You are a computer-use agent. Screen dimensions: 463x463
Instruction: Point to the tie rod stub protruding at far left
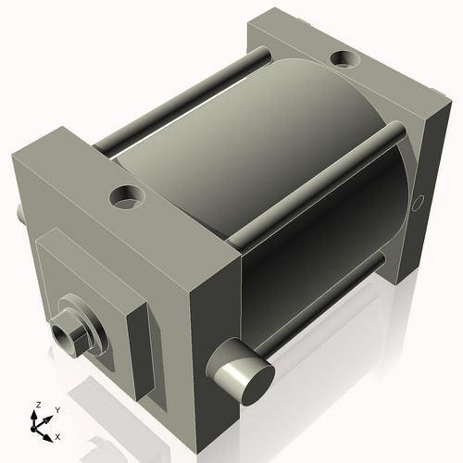coord(20,212)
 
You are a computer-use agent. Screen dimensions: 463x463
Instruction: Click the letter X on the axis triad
coord(57,435)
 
